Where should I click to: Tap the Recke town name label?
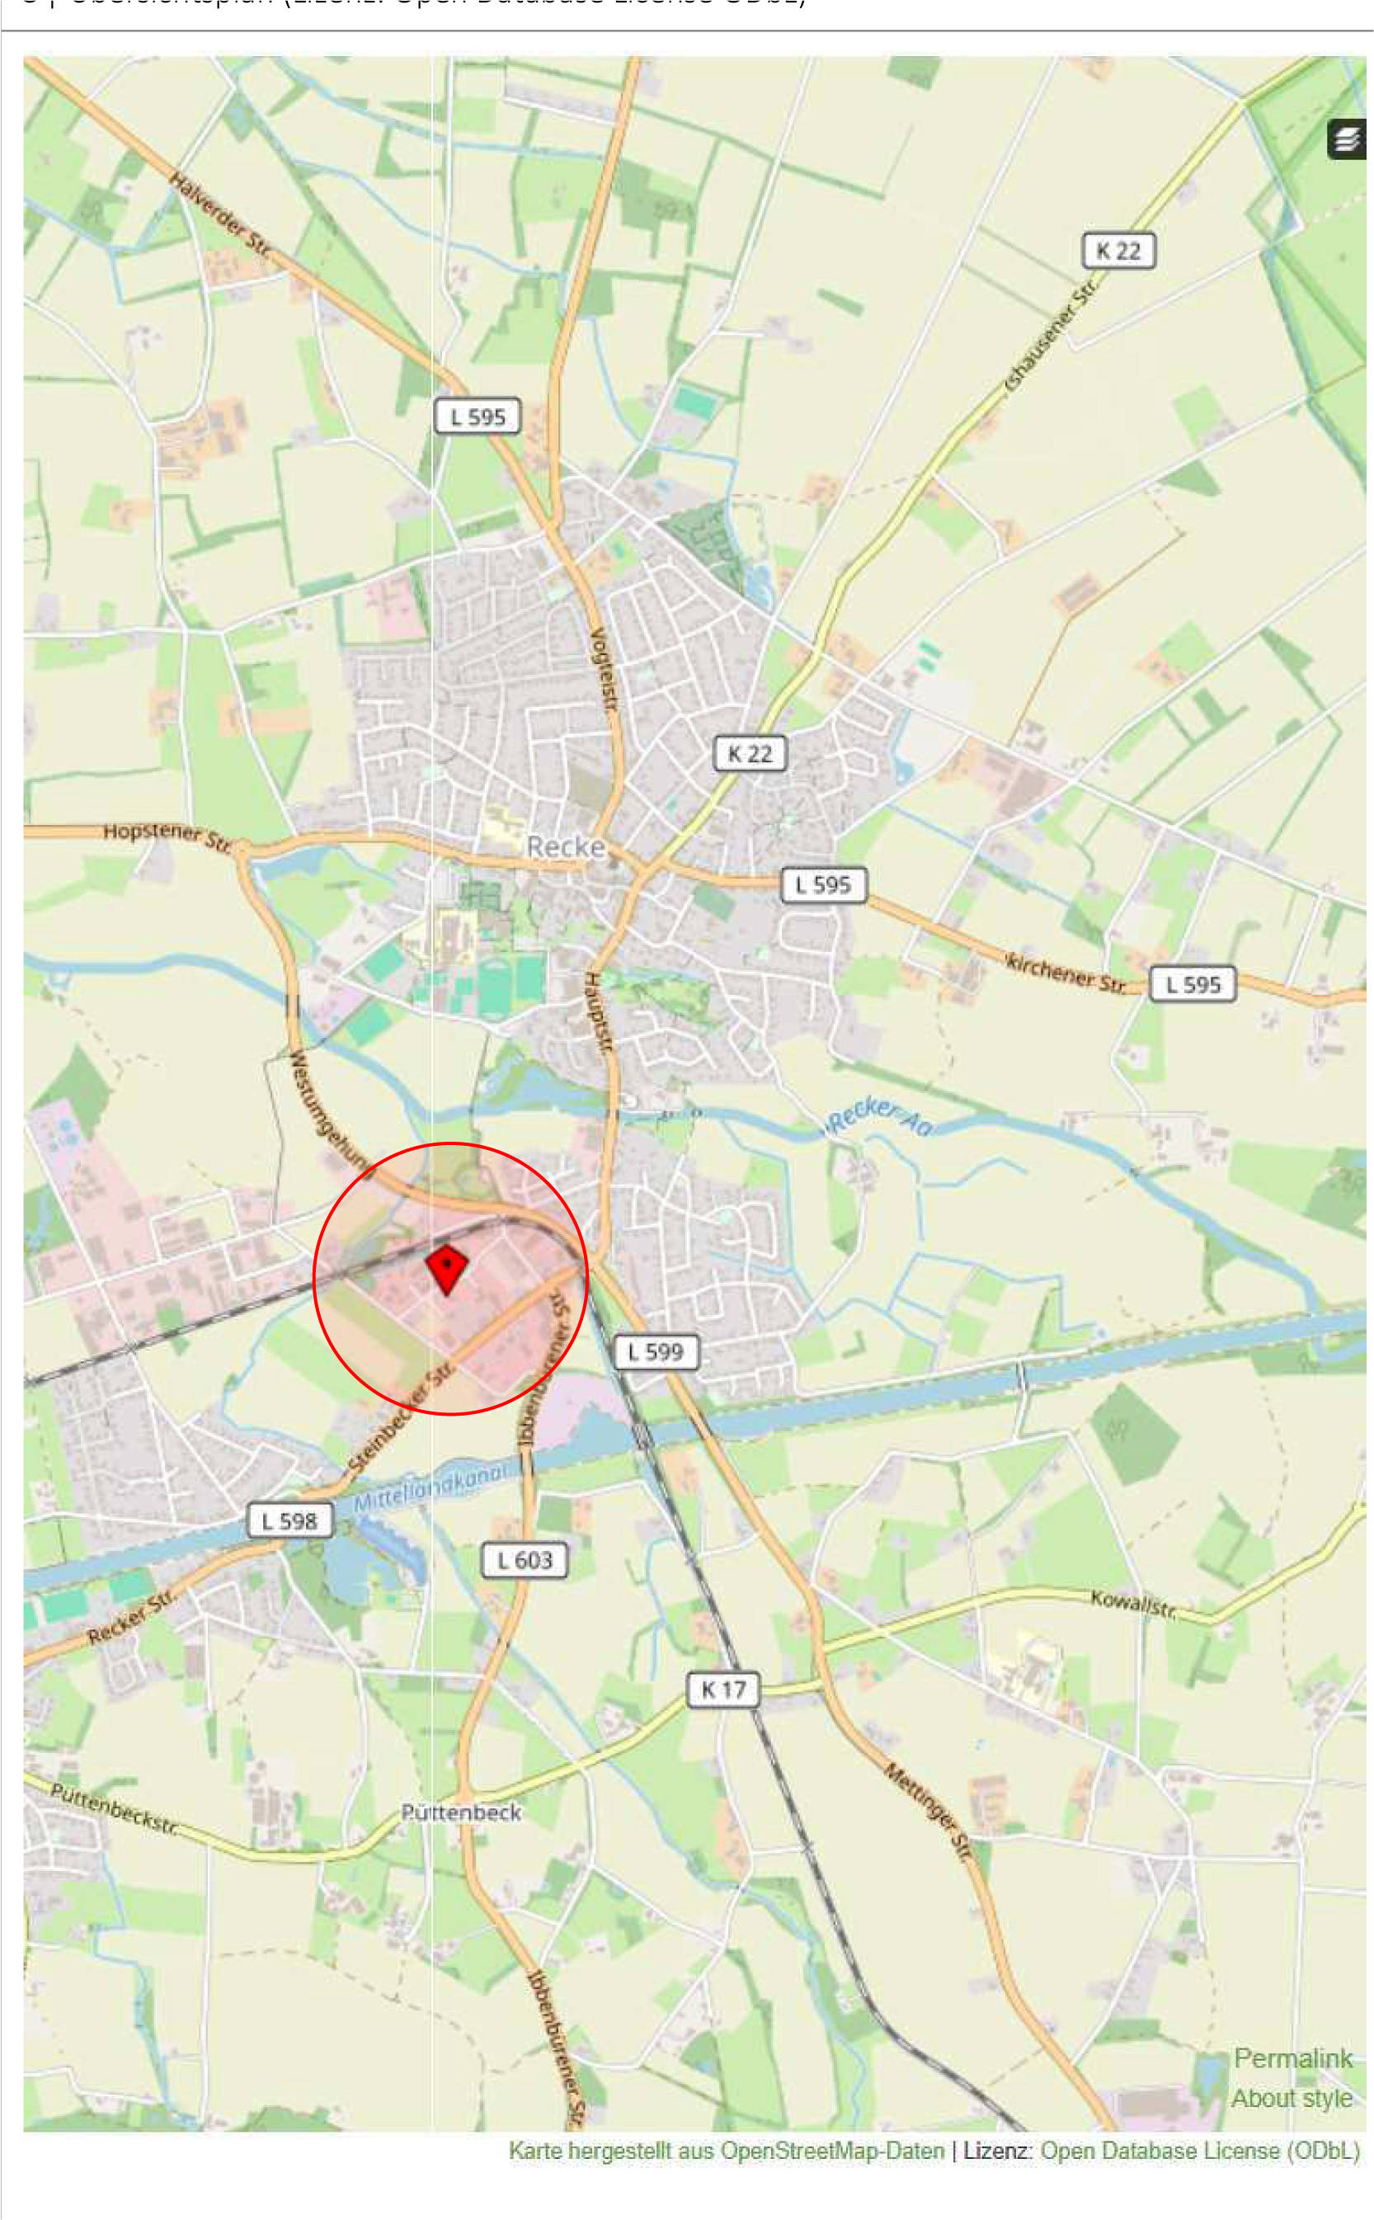pos(566,847)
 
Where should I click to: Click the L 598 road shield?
pos(289,1520)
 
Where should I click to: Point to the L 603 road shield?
pos(525,1560)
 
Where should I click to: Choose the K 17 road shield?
pos(722,1690)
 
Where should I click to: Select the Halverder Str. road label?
pos(220,219)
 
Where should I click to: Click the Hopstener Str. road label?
pos(168,835)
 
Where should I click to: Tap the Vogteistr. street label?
pos(604,672)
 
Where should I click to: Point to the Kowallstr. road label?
pos(1134,1605)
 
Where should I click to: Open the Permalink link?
pos(1292,2058)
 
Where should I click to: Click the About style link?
pos(1292,2098)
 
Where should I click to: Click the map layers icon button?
pos(1347,139)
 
